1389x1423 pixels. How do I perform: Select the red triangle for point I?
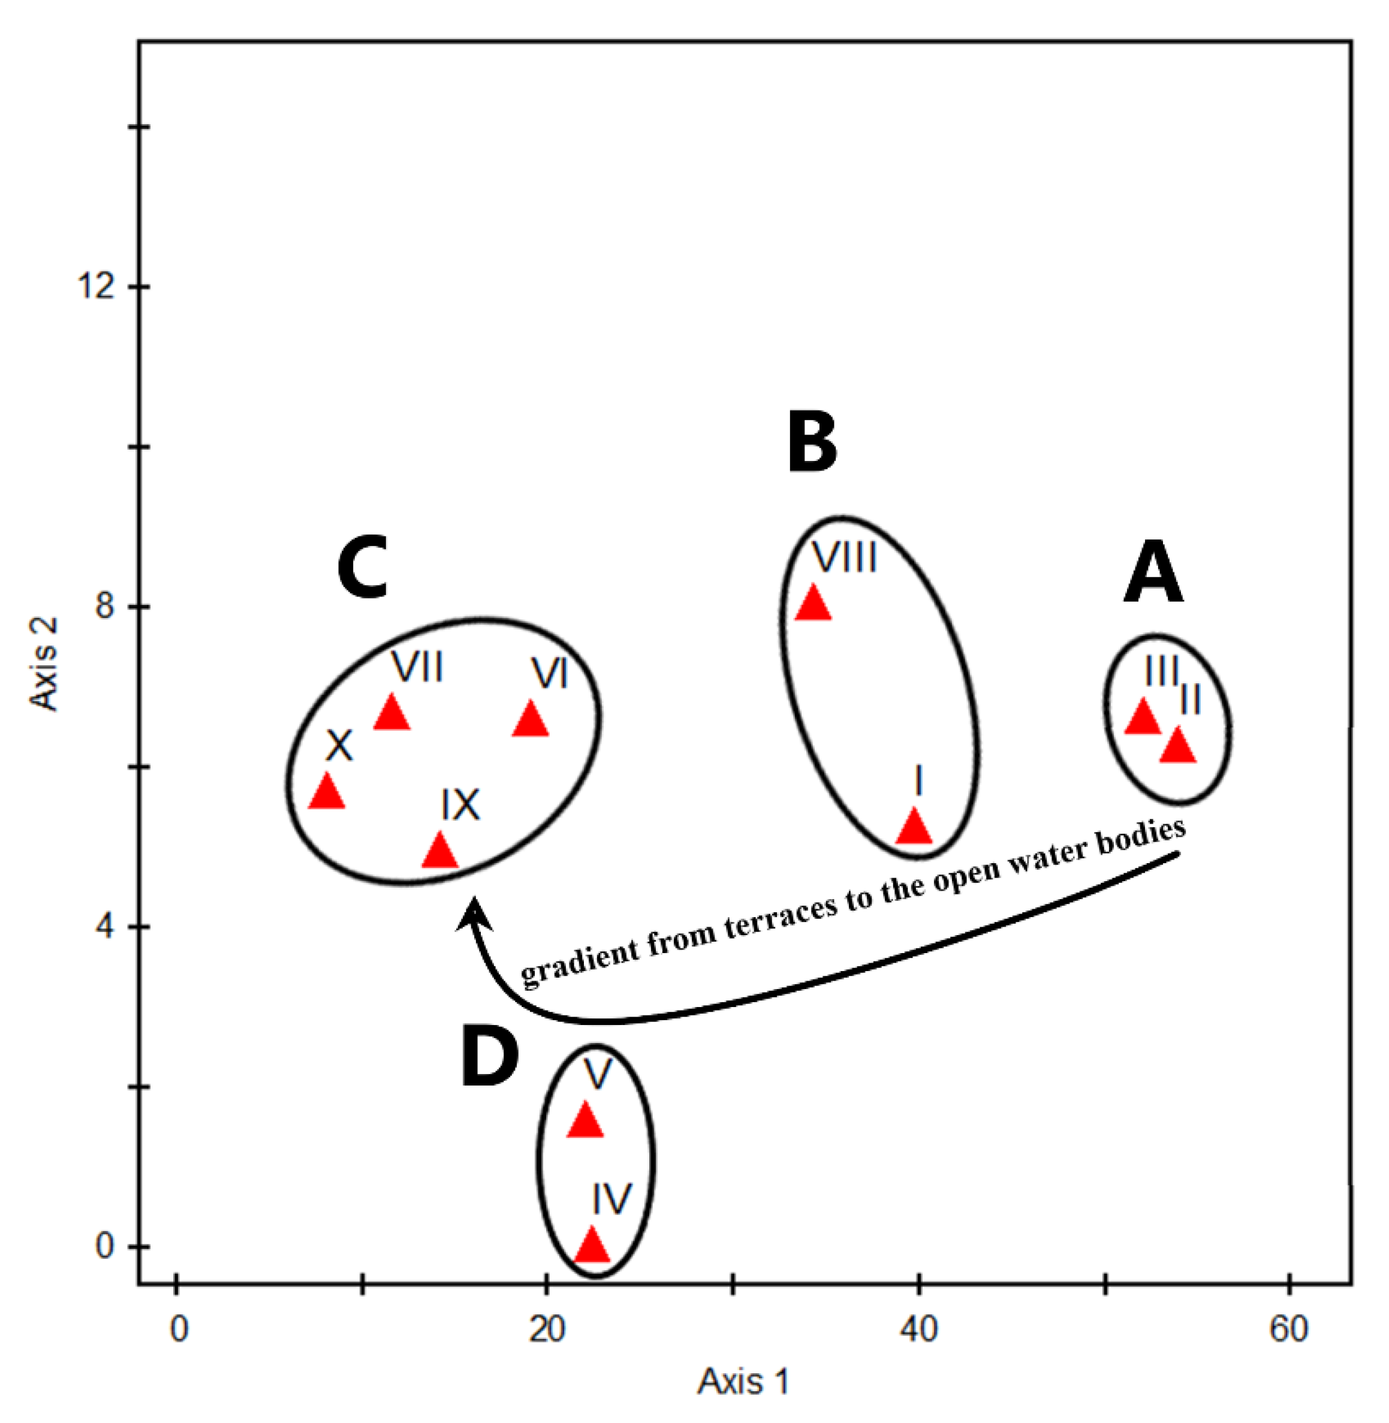pyautogui.click(x=914, y=827)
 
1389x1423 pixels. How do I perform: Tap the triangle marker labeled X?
pyautogui.click(x=327, y=791)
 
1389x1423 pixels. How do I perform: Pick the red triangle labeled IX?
pyautogui.click(x=440, y=851)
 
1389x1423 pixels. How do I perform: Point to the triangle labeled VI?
pyautogui.click(x=531, y=719)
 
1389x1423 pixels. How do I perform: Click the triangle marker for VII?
pyautogui.click(x=391, y=713)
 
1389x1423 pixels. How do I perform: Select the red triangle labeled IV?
pyautogui.click(x=592, y=1246)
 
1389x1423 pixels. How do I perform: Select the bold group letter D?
pyautogui.click(x=490, y=1059)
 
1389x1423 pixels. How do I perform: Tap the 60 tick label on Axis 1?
pyautogui.click(x=1288, y=1329)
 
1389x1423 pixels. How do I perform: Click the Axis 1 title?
pyautogui.click(x=743, y=1382)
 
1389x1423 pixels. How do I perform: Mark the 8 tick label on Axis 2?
pyautogui.click(x=106, y=605)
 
